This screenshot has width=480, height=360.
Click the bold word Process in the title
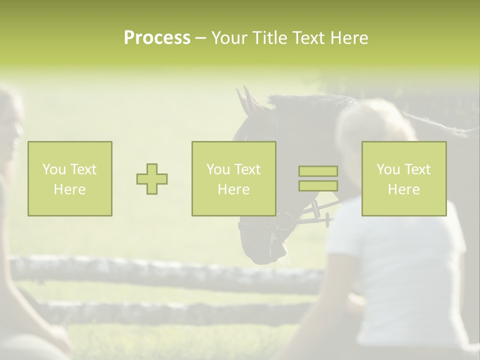(x=157, y=38)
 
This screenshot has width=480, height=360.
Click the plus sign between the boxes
(x=152, y=179)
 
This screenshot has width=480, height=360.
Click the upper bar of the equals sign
(x=318, y=171)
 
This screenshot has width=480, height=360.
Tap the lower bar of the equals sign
(x=318, y=185)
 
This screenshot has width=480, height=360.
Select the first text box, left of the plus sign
(x=69, y=178)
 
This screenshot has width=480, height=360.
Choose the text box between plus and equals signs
(x=233, y=178)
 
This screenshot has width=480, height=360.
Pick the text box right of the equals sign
(x=403, y=178)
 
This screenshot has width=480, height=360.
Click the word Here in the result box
(x=403, y=189)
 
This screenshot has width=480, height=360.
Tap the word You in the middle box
(x=218, y=169)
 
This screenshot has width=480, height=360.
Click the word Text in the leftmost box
(x=83, y=169)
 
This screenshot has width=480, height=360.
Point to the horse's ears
(x=247, y=100)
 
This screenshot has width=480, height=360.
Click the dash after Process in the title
(x=201, y=38)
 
